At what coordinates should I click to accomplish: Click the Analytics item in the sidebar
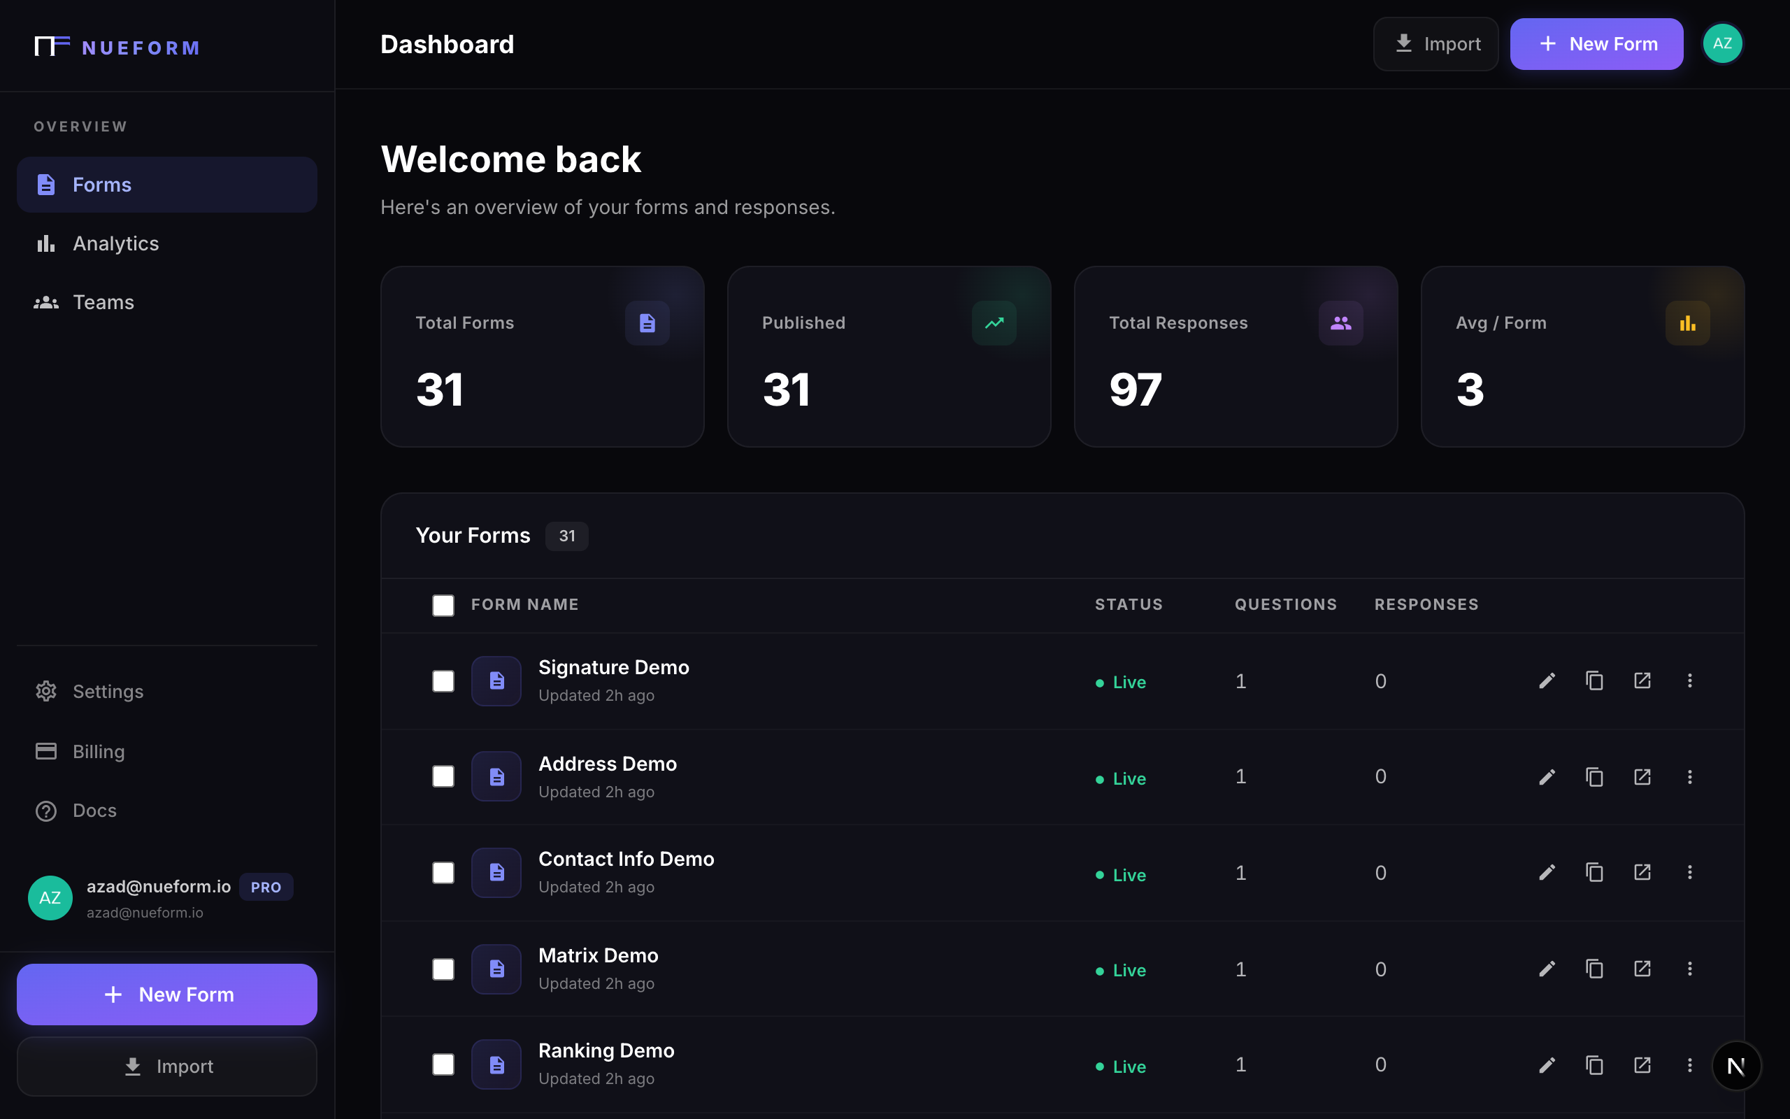pyautogui.click(x=115, y=243)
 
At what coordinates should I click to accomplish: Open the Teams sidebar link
pyautogui.click(x=103, y=302)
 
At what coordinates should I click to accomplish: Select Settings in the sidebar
pyautogui.click(x=107, y=691)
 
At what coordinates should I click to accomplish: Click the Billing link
pyautogui.click(x=99, y=751)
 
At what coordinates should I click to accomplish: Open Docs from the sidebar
pyautogui.click(x=94, y=811)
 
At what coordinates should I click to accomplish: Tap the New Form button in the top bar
pyautogui.click(x=1596, y=44)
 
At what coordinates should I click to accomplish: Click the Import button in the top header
pyautogui.click(x=1435, y=44)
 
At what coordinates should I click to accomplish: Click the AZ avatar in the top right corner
pyautogui.click(x=1722, y=43)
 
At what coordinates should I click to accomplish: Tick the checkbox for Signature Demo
pyautogui.click(x=443, y=681)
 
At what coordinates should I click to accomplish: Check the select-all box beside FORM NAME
pyautogui.click(x=443, y=605)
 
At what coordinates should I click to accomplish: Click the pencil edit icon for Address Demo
pyautogui.click(x=1547, y=777)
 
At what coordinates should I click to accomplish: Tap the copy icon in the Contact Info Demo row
pyautogui.click(x=1594, y=873)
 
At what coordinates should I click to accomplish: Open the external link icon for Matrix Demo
pyautogui.click(x=1642, y=969)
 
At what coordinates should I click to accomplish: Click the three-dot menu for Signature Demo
pyautogui.click(x=1689, y=681)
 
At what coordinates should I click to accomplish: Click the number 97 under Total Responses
pyautogui.click(x=1136, y=390)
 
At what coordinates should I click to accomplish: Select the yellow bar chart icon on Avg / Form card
pyautogui.click(x=1687, y=322)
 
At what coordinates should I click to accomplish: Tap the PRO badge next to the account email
pyautogui.click(x=266, y=887)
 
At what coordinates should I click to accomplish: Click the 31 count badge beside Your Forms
pyautogui.click(x=566, y=536)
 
